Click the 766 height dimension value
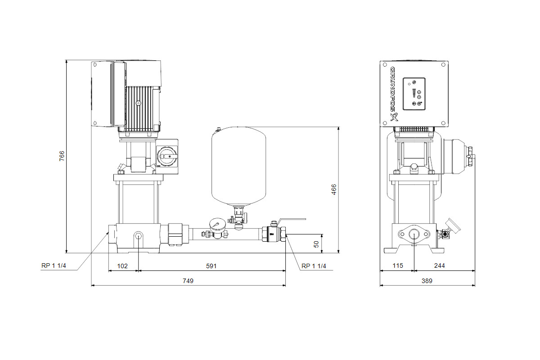[x=62, y=156]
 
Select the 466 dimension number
[x=333, y=189]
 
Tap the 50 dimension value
[x=316, y=244]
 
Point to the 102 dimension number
[x=122, y=266]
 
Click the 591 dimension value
[x=211, y=266]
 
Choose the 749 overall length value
[x=188, y=281]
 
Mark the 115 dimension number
[x=397, y=265]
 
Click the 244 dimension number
[x=439, y=265]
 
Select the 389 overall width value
[x=427, y=281]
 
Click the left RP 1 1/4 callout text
[x=54, y=265]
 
